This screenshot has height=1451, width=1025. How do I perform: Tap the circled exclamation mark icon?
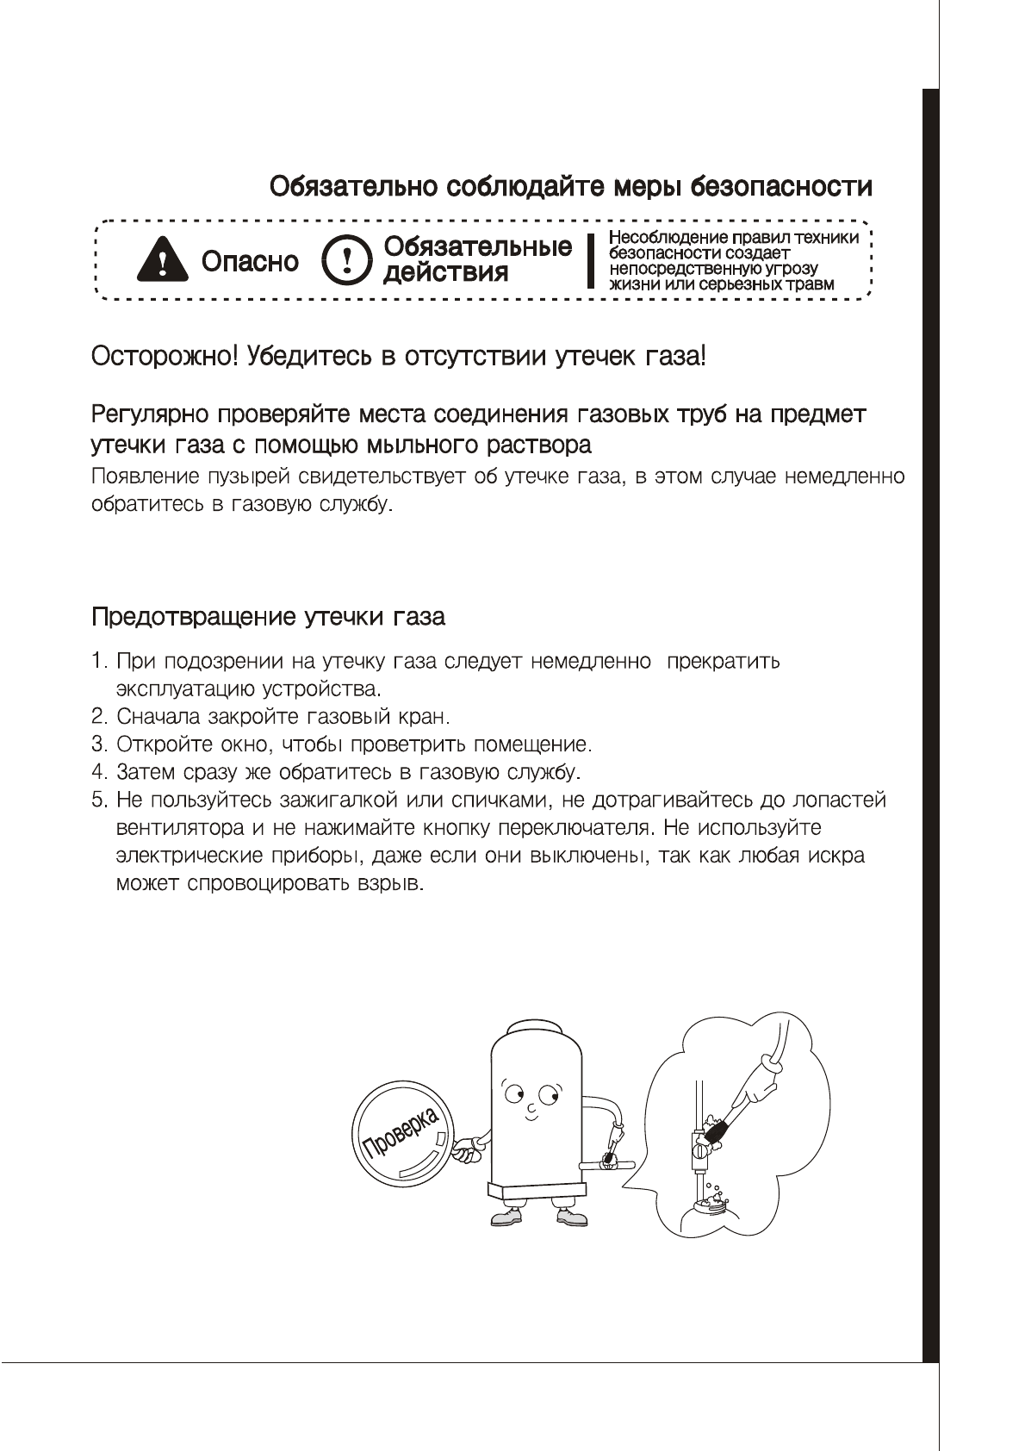click(347, 260)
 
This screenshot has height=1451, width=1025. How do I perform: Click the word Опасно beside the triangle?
click(250, 261)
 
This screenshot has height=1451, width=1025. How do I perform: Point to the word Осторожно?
click(164, 356)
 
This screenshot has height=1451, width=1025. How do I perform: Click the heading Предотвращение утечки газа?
click(268, 617)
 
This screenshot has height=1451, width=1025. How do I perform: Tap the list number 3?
click(97, 744)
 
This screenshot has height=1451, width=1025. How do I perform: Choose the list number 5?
click(97, 800)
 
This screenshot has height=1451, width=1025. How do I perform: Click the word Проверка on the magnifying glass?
click(401, 1130)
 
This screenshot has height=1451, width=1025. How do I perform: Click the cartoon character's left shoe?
click(506, 1216)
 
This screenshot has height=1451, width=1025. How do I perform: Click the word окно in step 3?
click(246, 744)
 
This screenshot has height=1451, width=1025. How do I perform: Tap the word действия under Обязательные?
click(445, 273)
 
